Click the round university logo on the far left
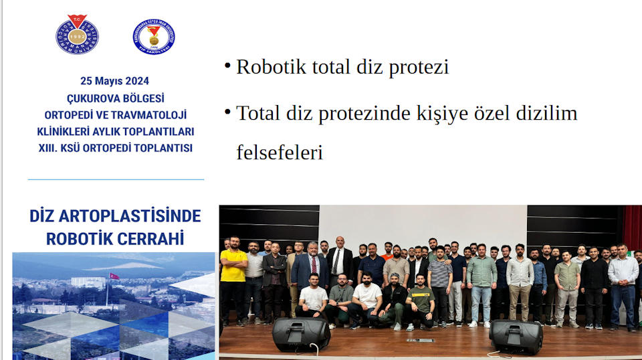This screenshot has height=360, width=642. click(x=77, y=35)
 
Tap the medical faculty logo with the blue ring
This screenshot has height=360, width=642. click(x=154, y=36)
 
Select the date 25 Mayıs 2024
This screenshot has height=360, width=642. click(x=116, y=81)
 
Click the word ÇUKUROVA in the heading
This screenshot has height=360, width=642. click(x=87, y=98)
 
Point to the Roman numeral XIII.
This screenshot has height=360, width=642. click(x=49, y=148)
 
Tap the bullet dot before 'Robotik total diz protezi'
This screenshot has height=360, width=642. click(x=227, y=66)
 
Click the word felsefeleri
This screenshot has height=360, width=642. click(x=280, y=153)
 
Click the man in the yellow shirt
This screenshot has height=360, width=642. click(x=233, y=281)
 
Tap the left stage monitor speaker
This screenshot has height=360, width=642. click(x=300, y=335)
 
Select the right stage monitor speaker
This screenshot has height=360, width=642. click(x=516, y=336)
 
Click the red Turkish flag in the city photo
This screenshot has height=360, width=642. click(x=114, y=276)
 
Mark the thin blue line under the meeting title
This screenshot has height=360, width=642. click(x=116, y=179)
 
